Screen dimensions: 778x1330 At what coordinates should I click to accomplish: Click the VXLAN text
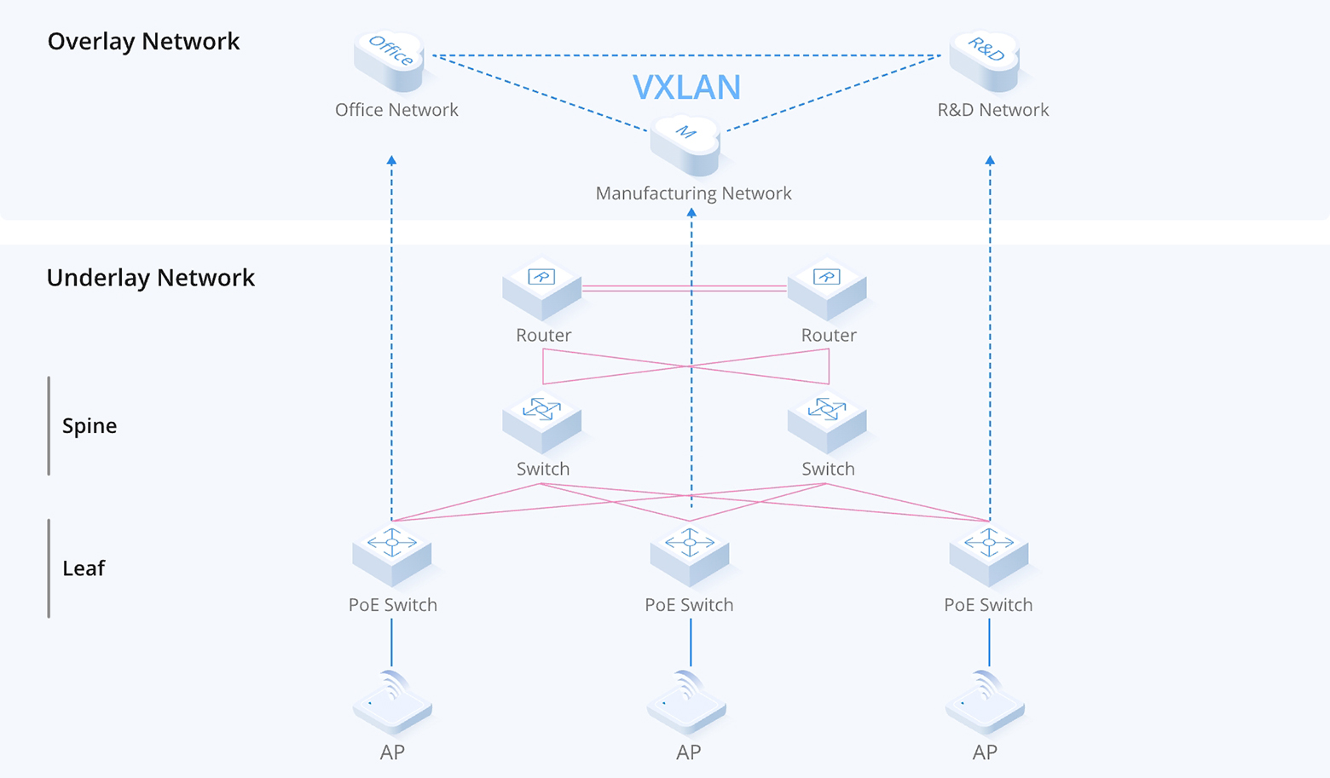(x=686, y=87)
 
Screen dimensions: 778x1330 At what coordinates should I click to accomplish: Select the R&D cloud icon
(x=985, y=60)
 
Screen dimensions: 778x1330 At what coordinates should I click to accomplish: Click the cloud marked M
(x=685, y=144)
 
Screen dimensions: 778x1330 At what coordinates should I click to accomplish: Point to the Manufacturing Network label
(x=693, y=193)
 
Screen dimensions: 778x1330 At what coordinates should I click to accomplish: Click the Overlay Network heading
(x=143, y=41)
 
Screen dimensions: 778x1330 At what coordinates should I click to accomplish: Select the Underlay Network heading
(x=150, y=277)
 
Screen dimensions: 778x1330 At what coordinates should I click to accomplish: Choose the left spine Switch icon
(x=541, y=422)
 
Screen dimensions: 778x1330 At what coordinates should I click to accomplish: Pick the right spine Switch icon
(x=827, y=422)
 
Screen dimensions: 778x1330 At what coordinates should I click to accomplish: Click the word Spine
(x=90, y=425)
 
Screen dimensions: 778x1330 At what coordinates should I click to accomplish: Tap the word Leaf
(x=84, y=568)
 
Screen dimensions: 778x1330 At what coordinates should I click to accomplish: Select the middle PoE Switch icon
(x=689, y=556)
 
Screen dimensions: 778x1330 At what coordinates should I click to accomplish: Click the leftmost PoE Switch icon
(x=392, y=556)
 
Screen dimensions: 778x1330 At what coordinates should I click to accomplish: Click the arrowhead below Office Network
(x=391, y=160)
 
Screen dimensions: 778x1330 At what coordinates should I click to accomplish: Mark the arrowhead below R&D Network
(x=990, y=160)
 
